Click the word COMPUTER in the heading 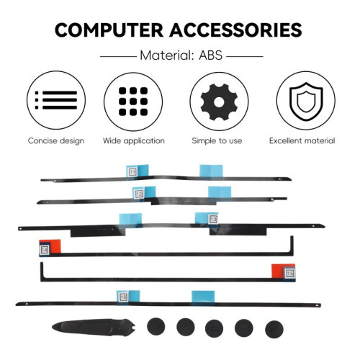[x=109, y=30]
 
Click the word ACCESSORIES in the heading [x=235, y=30]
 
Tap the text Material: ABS [x=181, y=55]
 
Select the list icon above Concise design [x=56, y=100]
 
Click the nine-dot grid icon [x=133, y=102]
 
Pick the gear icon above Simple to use [x=219, y=102]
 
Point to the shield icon [x=306, y=102]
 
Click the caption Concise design [x=56, y=140]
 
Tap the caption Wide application [x=134, y=140]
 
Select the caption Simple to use [x=217, y=140]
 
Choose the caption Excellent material [x=302, y=140]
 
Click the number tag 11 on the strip [x=132, y=172]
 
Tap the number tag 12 [x=139, y=194]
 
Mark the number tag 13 [x=213, y=219]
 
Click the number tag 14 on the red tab [x=45, y=250]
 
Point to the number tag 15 [x=290, y=273]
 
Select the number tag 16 [x=123, y=297]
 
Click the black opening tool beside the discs [x=94, y=328]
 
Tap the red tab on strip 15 [x=278, y=271]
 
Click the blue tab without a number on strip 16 [x=203, y=297]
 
